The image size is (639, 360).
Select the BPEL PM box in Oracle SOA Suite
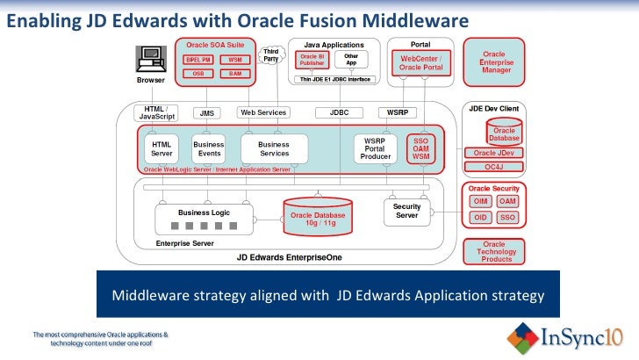pos(197,60)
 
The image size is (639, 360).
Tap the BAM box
pos(235,74)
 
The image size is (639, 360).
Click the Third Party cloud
pos(271,55)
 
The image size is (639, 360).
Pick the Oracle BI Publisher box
pos(312,60)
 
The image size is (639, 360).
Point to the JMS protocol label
pos(207,113)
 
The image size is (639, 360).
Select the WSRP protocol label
pos(393,113)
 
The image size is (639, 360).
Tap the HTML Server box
pos(162,148)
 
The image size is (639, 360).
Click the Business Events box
pos(209,148)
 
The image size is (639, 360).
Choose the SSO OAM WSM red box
pos(420,148)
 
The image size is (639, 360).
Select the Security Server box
pos(406,211)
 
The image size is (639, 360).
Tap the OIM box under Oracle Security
pos(480,201)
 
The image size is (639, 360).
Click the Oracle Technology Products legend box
pos(494,251)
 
